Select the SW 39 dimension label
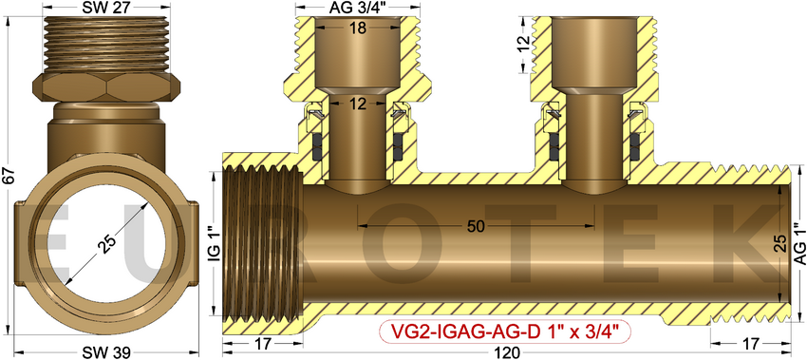(106, 352)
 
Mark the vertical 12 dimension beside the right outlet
(520, 44)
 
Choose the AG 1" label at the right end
(799, 245)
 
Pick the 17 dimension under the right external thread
(750, 343)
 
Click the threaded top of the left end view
(107, 43)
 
